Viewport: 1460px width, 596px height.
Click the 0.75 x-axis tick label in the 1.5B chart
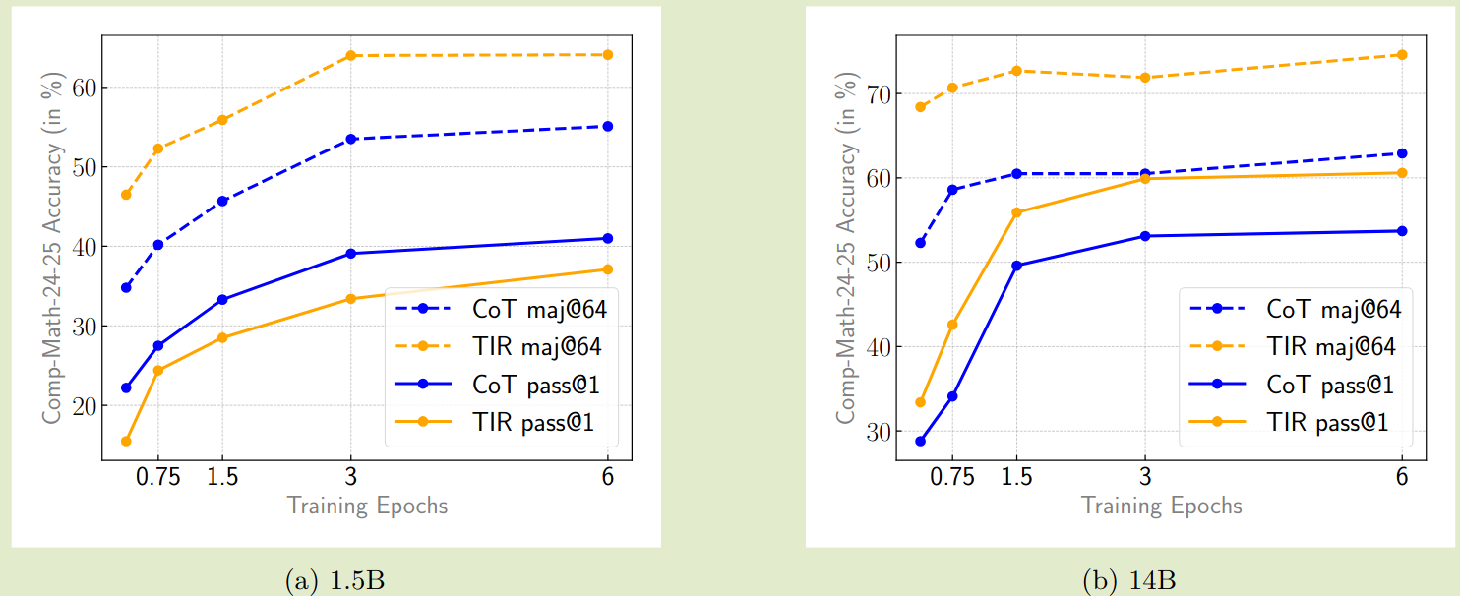click(x=157, y=478)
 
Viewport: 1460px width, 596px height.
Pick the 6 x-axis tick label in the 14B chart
click(x=1402, y=478)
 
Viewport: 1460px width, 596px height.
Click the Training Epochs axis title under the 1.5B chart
click(x=367, y=507)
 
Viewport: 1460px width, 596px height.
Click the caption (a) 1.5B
click(x=335, y=581)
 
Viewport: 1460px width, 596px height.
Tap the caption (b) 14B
click(x=1128, y=581)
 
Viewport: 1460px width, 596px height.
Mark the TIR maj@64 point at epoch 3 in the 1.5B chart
click(x=350, y=55)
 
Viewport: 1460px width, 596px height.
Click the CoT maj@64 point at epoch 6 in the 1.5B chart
click(x=607, y=126)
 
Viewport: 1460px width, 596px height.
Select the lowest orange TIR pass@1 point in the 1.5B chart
click(x=126, y=441)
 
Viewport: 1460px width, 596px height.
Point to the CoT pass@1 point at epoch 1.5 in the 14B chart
click(x=1016, y=266)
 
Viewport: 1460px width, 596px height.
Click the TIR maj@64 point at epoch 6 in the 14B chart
click(x=1402, y=54)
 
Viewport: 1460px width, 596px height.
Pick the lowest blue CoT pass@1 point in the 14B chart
click(x=920, y=441)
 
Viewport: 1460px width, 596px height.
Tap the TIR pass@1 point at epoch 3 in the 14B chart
click(x=1145, y=178)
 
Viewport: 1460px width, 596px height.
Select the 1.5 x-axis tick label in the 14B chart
click(x=1016, y=478)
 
